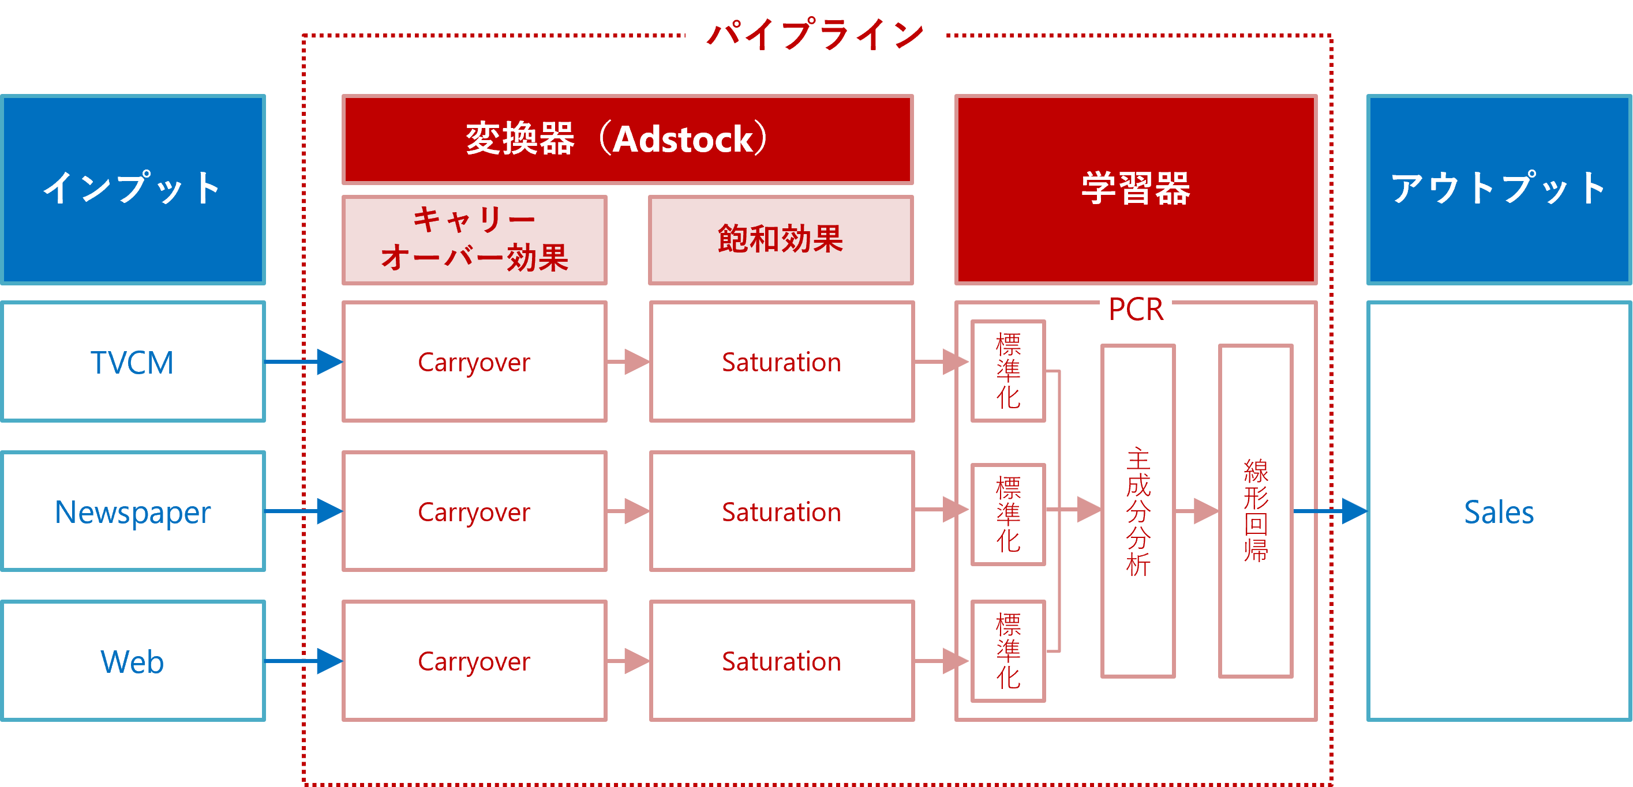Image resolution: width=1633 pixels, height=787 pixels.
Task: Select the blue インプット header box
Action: click(133, 189)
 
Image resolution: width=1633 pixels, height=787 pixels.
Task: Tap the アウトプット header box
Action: click(1499, 189)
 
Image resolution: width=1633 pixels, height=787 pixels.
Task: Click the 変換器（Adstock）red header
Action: click(627, 139)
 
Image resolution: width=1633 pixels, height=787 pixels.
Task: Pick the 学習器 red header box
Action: click(1136, 189)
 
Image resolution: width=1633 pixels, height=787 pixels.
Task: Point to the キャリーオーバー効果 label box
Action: click(474, 239)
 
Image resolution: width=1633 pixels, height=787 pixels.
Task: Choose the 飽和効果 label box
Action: click(781, 239)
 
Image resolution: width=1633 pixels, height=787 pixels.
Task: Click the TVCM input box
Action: click(133, 362)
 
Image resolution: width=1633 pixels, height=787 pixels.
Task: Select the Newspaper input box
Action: click(133, 511)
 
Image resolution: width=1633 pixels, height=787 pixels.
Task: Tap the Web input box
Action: click(133, 661)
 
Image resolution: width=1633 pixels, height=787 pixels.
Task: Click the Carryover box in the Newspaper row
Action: click(474, 511)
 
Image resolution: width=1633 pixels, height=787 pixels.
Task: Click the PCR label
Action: click(1136, 308)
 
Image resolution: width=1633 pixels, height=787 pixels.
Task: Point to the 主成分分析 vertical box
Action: click(1138, 511)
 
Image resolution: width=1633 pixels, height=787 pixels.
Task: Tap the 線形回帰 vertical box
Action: click(1255, 511)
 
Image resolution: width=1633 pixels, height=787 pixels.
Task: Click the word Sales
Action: click(1499, 512)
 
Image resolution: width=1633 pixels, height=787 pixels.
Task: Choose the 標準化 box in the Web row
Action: click(1008, 652)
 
